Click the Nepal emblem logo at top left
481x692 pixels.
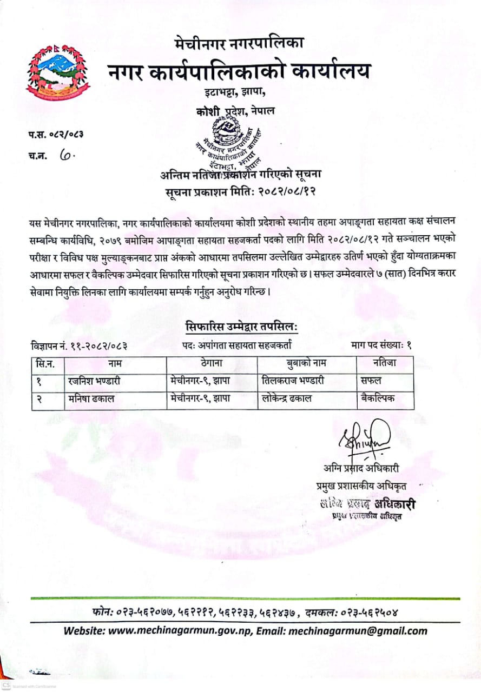click(x=58, y=71)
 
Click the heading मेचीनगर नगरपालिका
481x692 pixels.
click(x=240, y=42)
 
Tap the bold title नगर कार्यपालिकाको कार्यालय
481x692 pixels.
click(x=240, y=71)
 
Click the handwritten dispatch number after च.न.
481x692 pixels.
click(x=68, y=156)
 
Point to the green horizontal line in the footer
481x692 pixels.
click(x=246, y=598)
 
